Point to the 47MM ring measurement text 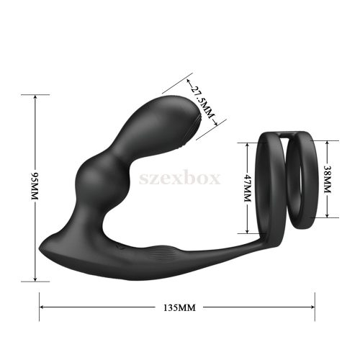click(x=247, y=189)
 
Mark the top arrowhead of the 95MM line click(x=35, y=96)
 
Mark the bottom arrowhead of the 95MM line click(x=35, y=278)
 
